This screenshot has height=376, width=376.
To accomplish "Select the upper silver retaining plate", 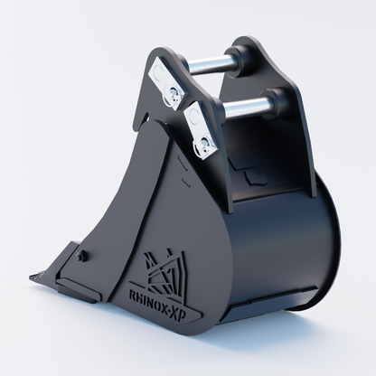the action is point(167,82).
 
